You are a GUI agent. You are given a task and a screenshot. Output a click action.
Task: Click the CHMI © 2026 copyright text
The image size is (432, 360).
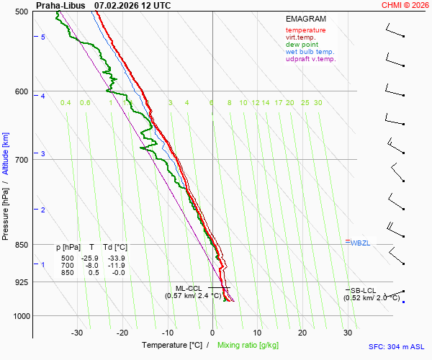[x=407, y=5]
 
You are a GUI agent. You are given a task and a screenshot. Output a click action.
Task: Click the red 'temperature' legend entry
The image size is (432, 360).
[x=305, y=30]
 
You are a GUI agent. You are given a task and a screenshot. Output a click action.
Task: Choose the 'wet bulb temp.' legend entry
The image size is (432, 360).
[x=310, y=52]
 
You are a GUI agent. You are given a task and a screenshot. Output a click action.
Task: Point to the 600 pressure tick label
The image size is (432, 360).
[x=21, y=91]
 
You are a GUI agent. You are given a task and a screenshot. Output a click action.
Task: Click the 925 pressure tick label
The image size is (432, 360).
[x=21, y=282]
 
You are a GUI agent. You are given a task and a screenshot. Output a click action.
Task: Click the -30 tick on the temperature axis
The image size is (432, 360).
[x=77, y=333]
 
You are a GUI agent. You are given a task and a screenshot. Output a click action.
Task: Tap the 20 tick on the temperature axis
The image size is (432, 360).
[x=302, y=333]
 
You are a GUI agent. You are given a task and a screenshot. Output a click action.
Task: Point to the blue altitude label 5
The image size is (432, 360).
[x=43, y=37]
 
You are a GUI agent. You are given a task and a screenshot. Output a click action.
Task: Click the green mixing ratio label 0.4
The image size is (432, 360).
[x=66, y=103]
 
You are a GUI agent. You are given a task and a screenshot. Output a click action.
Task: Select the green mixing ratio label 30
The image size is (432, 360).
[x=318, y=103]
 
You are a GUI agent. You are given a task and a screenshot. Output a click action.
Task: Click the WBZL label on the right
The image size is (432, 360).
[x=359, y=243]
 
